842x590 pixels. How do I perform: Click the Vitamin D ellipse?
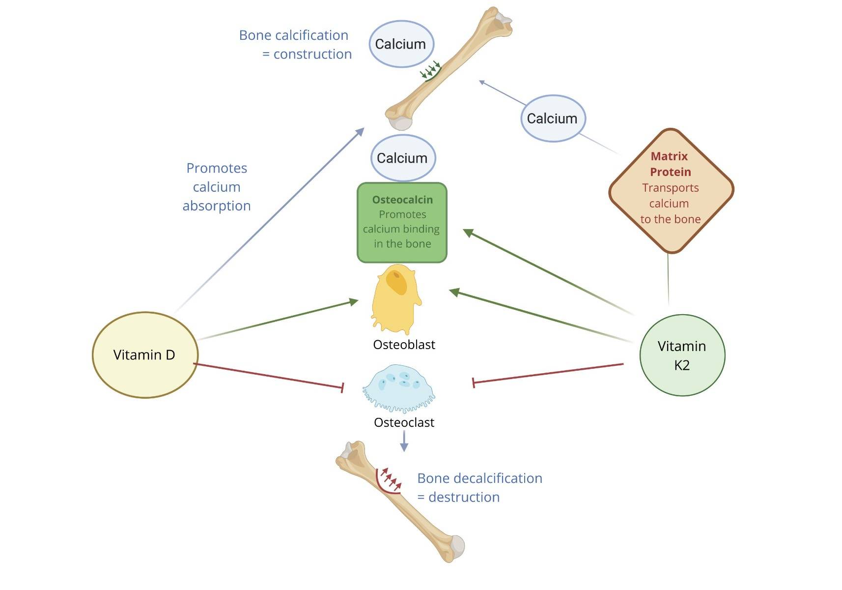(145, 354)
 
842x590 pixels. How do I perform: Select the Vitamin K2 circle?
(682, 355)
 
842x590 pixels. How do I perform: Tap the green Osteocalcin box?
(402, 222)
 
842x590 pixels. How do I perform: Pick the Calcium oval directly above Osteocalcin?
(402, 158)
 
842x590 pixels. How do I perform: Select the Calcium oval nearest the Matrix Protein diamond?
(552, 118)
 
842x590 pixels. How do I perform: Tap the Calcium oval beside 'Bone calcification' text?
(401, 44)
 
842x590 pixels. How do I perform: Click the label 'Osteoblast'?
(404, 345)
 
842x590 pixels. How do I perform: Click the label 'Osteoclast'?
(404, 422)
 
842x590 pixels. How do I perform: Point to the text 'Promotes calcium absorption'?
(217, 187)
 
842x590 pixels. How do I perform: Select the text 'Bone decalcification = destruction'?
(479, 487)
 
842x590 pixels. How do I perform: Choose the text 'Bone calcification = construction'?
(295, 44)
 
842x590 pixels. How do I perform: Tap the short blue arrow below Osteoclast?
(404, 441)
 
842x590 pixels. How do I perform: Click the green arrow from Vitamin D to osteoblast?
(278, 320)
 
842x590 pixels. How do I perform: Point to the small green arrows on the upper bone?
(430, 70)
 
